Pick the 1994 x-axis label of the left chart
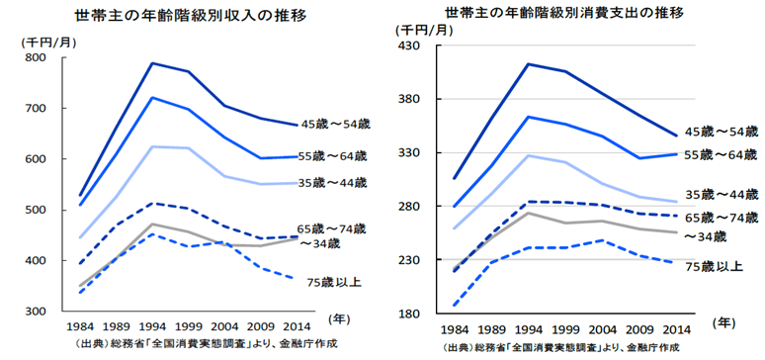[150, 325]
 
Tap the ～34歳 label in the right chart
[705, 235]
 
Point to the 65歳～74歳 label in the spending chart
[722, 217]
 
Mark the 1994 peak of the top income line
[151, 63]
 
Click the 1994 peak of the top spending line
[529, 64]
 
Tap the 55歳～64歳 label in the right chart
[722, 154]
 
